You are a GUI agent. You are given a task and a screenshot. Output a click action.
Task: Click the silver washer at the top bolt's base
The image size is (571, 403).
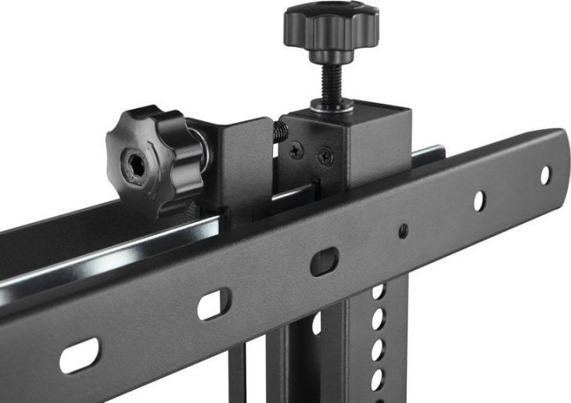333,104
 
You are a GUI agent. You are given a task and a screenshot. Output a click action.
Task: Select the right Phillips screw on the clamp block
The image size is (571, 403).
326,157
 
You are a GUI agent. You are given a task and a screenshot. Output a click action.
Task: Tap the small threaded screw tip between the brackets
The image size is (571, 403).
279,134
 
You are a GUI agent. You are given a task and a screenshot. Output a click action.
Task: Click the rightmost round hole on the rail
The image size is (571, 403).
545,175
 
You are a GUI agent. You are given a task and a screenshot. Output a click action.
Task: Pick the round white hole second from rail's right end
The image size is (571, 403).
479,201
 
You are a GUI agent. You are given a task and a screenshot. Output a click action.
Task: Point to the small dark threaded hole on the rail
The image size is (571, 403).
403,231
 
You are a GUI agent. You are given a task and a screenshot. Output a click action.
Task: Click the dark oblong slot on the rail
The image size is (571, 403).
324,261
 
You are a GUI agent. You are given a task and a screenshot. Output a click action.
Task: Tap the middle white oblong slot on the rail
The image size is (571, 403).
214,304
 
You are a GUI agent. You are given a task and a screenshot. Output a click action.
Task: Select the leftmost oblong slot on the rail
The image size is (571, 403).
80,355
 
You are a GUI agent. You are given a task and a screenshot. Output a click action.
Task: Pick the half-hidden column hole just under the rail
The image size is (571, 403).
379,292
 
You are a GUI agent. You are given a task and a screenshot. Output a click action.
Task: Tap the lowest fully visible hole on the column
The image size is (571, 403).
377,380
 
